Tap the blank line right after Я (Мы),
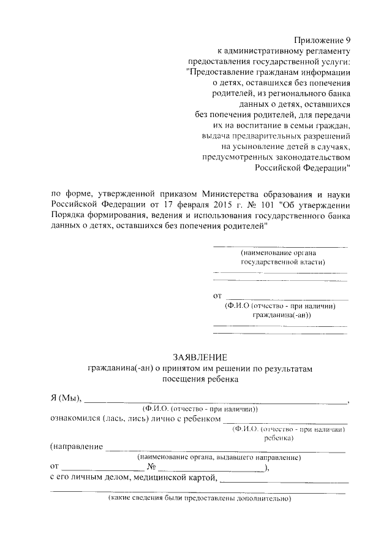pyautogui.click(x=214, y=400)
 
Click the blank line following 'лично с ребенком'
pyautogui.click(x=285, y=422)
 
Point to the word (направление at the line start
pyautogui.click(x=76, y=447)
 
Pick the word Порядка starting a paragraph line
pyautogui.click(x=67, y=216)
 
